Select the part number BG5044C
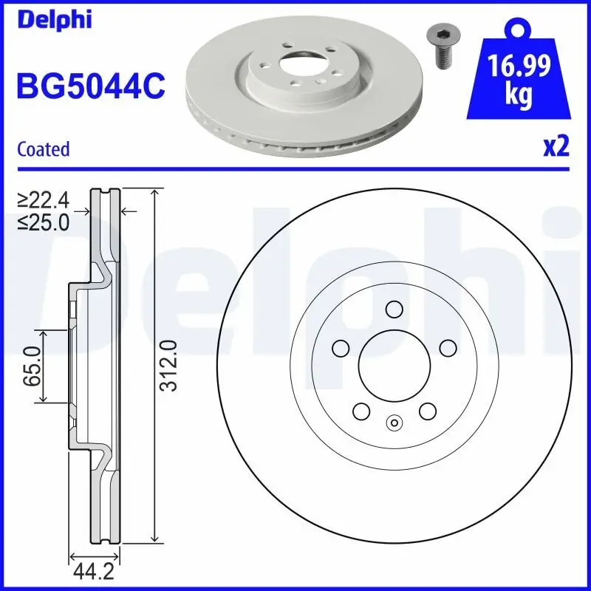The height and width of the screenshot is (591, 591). click(90, 86)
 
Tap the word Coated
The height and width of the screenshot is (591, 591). click(43, 149)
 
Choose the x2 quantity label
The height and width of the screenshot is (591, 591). click(556, 147)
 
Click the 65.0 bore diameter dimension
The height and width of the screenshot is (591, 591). click(31, 367)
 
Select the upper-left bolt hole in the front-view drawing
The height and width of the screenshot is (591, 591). click(341, 346)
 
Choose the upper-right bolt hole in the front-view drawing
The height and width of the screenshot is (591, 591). click(447, 346)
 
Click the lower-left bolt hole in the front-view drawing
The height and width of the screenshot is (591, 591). click(361, 410)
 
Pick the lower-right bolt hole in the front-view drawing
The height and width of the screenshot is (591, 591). click(427, 410)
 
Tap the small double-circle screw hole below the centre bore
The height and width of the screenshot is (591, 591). click(394, 423)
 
